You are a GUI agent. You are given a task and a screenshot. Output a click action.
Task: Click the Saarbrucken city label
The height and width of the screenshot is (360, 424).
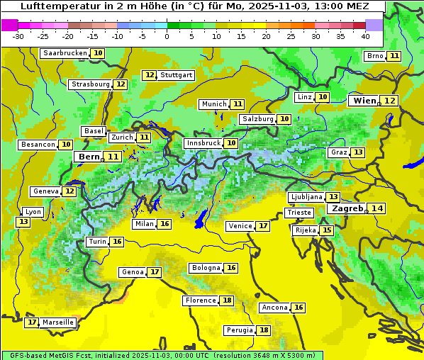point(65,53)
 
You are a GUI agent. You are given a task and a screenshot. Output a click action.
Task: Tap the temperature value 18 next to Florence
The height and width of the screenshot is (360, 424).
point(227,300)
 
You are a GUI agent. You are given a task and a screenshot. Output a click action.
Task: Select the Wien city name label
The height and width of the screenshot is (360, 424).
point(364,101)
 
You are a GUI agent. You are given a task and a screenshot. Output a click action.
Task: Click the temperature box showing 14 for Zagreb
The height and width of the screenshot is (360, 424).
point(377,208)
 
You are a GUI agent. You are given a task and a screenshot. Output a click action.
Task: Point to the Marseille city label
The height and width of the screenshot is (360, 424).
point(58,322)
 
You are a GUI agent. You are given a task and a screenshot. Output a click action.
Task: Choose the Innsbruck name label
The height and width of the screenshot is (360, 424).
point(203,143)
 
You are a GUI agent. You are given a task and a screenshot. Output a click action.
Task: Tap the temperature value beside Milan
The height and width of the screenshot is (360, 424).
point(164,224)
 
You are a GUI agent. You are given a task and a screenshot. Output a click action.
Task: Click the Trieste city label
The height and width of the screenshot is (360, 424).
point(298,213)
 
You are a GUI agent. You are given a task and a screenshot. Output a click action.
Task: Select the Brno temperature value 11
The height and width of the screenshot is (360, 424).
point(394,56)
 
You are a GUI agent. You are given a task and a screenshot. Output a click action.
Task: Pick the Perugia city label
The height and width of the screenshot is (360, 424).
point(239,330)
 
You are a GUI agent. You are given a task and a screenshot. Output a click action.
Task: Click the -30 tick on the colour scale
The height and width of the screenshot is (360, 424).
point(18,35)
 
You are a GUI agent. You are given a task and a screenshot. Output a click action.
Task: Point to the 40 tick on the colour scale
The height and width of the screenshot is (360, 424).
point(365,35)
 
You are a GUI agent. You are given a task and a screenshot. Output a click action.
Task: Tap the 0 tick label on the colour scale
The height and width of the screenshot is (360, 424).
point(167,35)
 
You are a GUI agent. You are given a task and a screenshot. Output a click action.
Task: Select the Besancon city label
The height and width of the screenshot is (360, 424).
point(38,145)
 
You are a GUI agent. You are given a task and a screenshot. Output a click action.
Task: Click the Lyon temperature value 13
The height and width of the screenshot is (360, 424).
point(23,222)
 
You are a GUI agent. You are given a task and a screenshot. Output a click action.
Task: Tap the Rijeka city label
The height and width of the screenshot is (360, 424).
point(305,230)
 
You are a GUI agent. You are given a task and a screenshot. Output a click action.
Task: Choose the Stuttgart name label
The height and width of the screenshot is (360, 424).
point(177,75)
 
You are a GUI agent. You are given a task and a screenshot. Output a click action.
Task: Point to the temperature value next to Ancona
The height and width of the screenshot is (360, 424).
point(299,308)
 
